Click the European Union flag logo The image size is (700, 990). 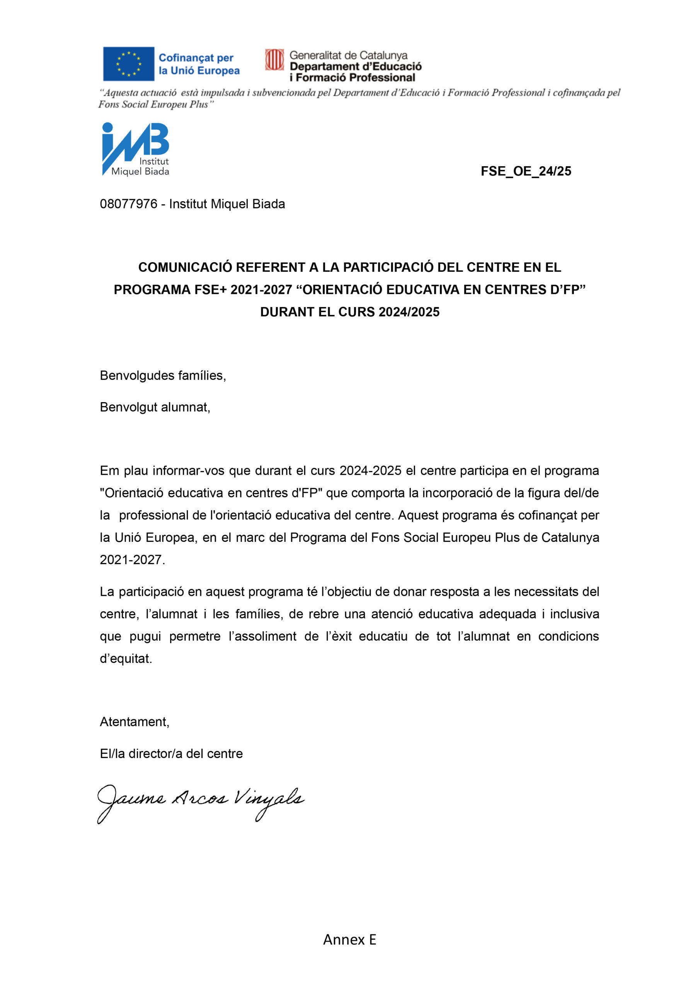tap(128, 64)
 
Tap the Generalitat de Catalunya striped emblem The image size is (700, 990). tap(274, 60)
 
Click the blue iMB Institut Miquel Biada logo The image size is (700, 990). tap(135, 149)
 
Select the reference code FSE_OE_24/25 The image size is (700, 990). tap(525, 171)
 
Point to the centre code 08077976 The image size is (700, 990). tap(128, 204)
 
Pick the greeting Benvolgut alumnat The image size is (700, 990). tap(155, 407)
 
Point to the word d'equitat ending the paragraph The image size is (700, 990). tap(126, 659)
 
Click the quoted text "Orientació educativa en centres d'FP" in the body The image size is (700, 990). tap(211, 493)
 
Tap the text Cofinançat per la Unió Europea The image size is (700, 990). tap(199, 64)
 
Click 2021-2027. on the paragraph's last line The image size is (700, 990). tap(132, 560)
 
